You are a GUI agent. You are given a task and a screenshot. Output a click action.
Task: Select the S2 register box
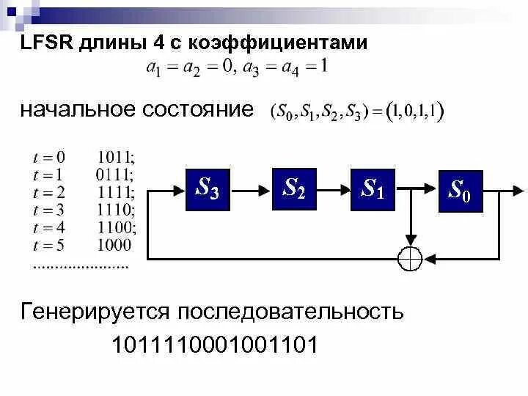[294, 188]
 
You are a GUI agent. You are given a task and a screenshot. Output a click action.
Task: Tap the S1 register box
[373, 188]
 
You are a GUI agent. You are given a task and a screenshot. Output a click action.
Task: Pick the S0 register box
[461, 191]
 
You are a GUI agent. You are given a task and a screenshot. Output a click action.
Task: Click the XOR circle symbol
[410, 258]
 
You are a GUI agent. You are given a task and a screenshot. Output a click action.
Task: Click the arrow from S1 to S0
[417, 189]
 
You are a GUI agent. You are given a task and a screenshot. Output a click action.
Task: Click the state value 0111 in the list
[114, 175]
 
